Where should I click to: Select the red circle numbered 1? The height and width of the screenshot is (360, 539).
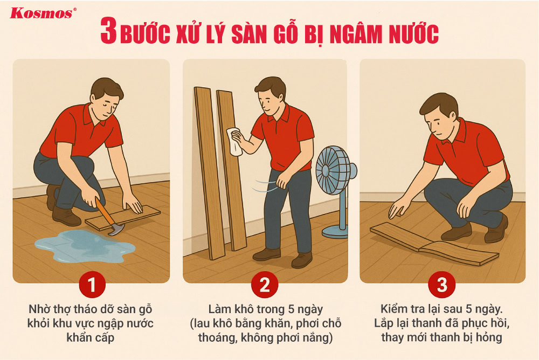91,284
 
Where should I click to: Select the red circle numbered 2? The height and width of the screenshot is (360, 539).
265,284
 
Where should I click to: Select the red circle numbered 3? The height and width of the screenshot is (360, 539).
442,284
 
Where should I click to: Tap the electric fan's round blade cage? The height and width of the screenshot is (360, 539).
333,170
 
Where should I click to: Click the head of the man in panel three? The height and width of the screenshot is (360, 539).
439,116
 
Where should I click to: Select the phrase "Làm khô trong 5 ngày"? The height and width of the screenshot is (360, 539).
265,310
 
